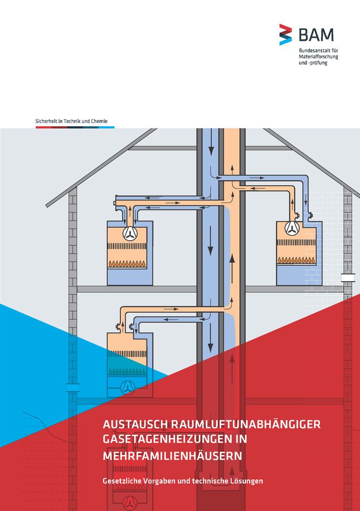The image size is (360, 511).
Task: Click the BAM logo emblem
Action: pyautogui.click(x=285, y=34)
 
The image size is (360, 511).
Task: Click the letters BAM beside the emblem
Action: pyautogui.click(x=316, y=35)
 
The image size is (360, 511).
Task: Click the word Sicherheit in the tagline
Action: pyautogui.click(x=46, y=121)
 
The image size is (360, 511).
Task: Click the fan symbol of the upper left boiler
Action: pyautogui.click(x=130, y=232)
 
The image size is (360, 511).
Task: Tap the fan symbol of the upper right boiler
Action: pyautogui.click(x=292, y=228)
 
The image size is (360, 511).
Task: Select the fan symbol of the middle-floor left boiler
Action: pyautogui.click(x=128, y=388)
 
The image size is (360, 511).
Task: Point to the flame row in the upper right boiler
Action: pyautogui.click(x=296, y=260)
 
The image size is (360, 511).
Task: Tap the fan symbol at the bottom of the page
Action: pyautogui.click(x=128, y=503)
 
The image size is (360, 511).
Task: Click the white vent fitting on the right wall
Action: pyautogui.click(x=348, y=277)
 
